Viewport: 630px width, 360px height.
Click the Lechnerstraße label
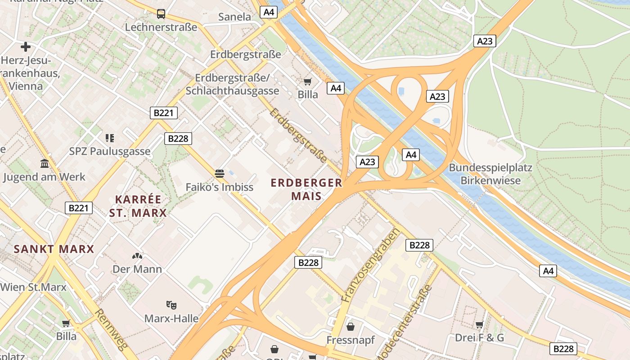point(161,27)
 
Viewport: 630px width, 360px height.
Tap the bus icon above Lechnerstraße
point(161,14)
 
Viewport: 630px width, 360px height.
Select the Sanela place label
point(234,17)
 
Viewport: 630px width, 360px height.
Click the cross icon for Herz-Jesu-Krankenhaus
point(26,46)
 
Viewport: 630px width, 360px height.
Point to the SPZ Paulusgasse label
point(110,151)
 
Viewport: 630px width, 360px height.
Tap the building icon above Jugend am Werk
point(45,163)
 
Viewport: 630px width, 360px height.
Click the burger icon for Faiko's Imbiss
point(220,174)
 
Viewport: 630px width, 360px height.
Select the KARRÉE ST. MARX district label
point(138,206)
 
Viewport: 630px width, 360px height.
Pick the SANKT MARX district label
point(54,249)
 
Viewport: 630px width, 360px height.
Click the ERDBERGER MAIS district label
point(306,189)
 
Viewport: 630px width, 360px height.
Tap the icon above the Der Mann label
point(137,256)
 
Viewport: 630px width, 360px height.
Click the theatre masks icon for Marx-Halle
point(171,305)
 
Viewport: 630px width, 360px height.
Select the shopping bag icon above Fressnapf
point(350,326)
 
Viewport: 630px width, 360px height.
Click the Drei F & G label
point(479,337)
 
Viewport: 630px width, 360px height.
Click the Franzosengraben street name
point(370,265)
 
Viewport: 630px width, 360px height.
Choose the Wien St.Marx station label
point(33,287)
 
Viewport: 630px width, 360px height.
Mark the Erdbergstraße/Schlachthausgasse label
point(232,84)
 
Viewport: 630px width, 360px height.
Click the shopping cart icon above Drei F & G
point(479,324)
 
